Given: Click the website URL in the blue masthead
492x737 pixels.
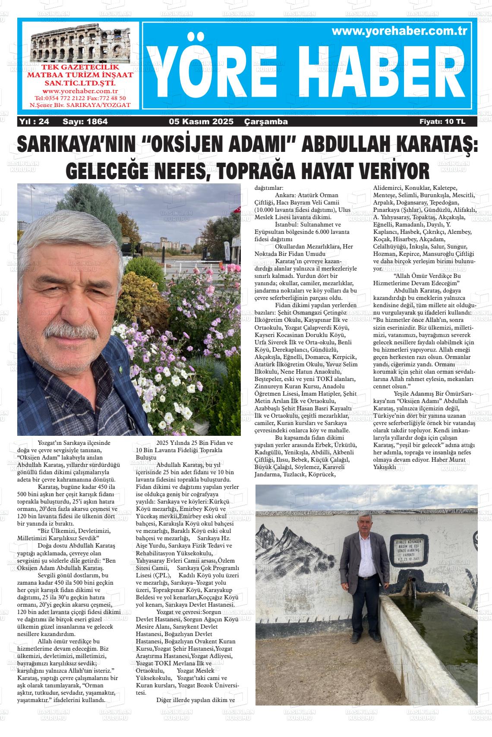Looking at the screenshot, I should [x=400, y=31].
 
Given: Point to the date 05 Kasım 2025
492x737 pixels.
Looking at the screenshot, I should [x=201, y=122].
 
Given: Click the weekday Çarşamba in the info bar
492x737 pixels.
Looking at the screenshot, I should [x=266, y=122].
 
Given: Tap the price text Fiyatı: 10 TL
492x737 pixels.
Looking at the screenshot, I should [x=442, y=122].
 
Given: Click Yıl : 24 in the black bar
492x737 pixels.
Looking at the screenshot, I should [x=34, y=122].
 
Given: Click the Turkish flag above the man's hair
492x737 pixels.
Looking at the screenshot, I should [x=237, y=208].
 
